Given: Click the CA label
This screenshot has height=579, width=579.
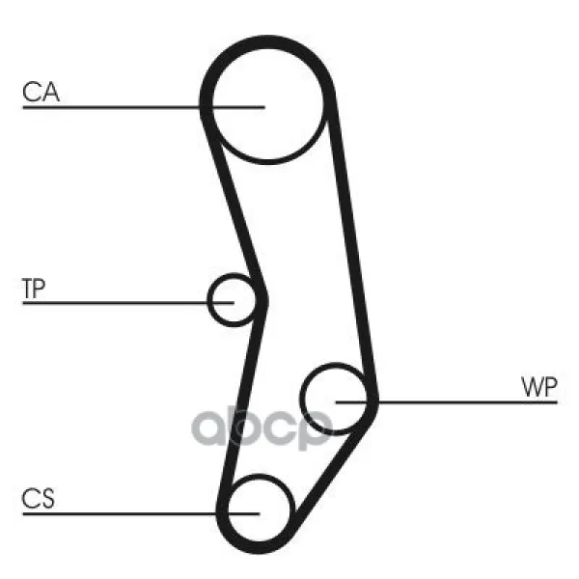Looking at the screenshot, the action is coord(41,92).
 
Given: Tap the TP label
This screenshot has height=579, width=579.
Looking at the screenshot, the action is coord(34,289).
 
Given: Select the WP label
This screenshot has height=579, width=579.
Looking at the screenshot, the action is coord(538,387).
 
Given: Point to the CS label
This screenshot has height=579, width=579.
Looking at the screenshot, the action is coord(38,499).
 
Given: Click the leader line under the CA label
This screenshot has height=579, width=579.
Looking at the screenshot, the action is coord(144,107).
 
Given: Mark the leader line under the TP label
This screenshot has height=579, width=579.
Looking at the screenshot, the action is coord(128,303).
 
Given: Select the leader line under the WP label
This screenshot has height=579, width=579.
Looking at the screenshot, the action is coord(447,401).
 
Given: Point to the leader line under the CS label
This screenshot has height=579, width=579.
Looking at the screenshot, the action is coord(142,513).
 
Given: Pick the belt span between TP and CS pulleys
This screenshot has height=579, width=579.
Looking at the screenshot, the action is coord(242,402).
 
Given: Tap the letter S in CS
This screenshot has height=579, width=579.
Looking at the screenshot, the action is coord(47,499).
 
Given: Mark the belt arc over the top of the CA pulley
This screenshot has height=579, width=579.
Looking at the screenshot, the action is coord(267,41).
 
